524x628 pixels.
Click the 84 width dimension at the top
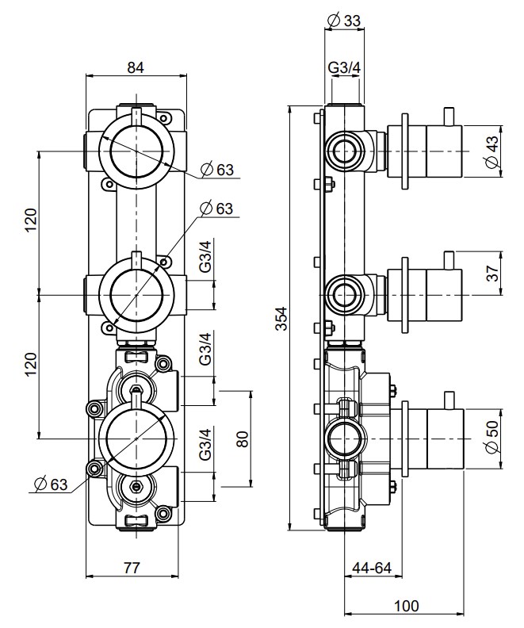tap(136, 68)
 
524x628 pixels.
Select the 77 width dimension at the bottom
tap(133, 567)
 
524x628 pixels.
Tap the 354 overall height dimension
tap(281, 319)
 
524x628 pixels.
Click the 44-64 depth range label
tap(373, 568)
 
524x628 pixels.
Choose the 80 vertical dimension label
tap(243, 438)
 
